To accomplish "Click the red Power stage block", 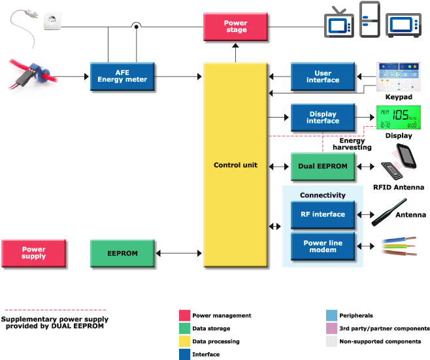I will [x=236, y=27].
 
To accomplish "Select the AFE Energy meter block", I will [x=122, y=76].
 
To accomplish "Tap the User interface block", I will [x=323, y=76].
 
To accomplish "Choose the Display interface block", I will [x=323, y=118].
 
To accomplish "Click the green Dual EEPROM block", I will [x=323, y=166].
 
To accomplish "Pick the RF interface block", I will [x=323, y=214].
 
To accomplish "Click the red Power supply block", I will [x=34, y=252].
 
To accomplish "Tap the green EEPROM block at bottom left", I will [x=123, y=253].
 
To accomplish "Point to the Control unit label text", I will [x=235, y=165].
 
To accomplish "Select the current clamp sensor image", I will [x=33, y=76].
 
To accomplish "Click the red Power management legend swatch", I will [x=185, y=316].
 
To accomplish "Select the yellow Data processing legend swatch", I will [x=185, y=341].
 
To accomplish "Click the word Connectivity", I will [x=323, y=195].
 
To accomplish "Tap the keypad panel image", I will [x=399, y=77].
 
